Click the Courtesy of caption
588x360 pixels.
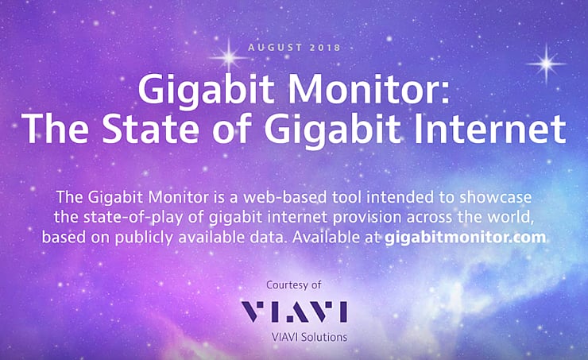point(294,285)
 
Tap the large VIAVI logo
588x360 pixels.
point(293,312)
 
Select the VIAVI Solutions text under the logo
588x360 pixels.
point(293,337)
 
